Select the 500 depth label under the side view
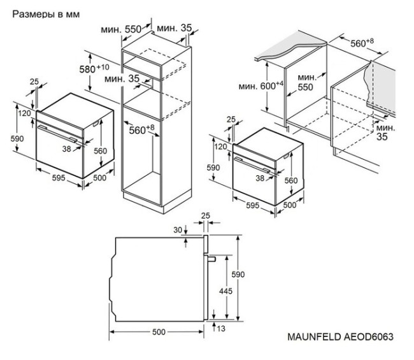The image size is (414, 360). (159, 332)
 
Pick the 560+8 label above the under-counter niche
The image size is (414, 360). (363, 43)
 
